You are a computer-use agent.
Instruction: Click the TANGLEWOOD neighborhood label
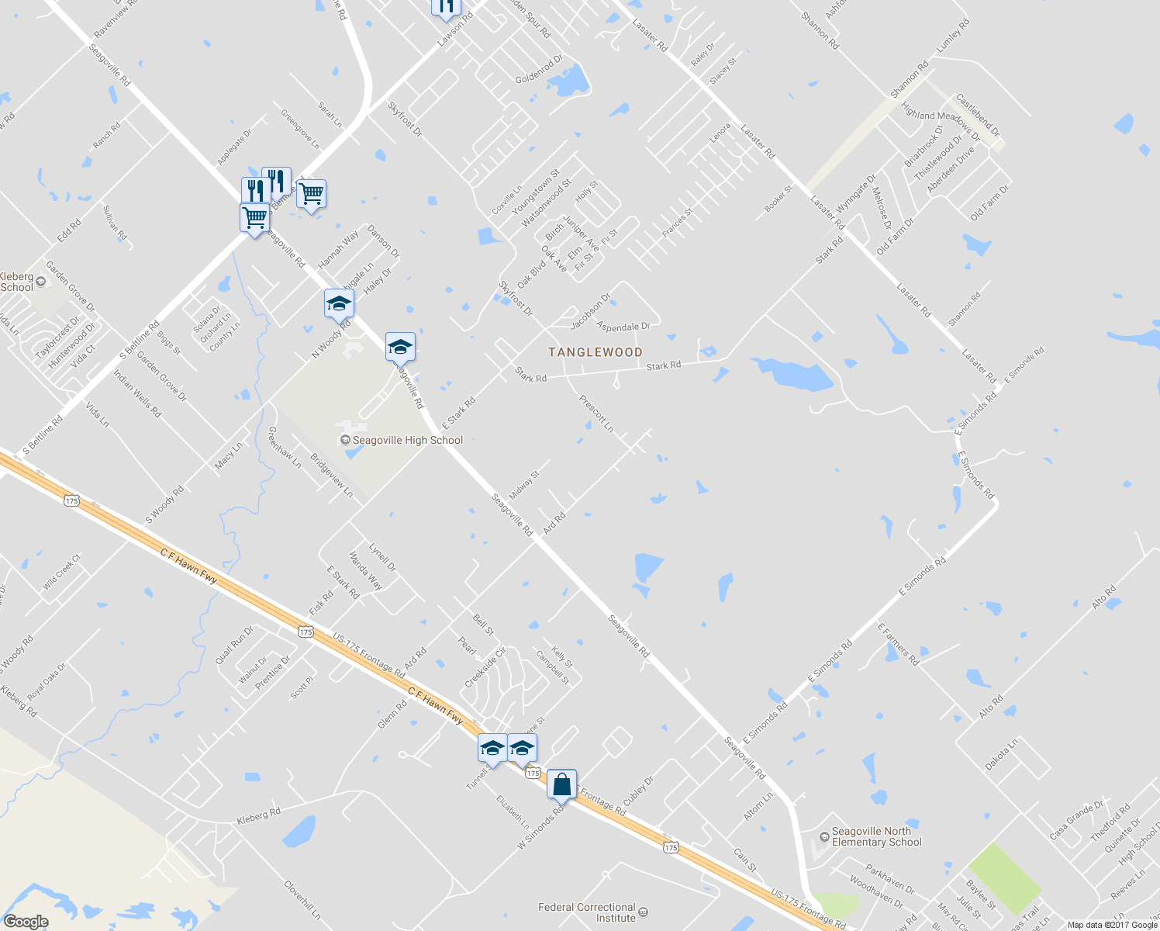[x=596, y=352]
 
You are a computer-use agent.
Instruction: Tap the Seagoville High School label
[x=407, y=440]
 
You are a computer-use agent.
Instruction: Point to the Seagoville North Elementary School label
[x=876, y=836]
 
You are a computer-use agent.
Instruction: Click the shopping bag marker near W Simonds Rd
[x=561, y=785]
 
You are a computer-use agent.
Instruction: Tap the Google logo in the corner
[x=26, y=922]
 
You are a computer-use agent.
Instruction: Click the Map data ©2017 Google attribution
[x=1112, y=925]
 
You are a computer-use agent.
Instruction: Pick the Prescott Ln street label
[x=596, y=414]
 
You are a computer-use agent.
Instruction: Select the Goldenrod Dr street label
[x=539, y=70]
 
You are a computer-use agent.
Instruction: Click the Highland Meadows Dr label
[x=940, y=125]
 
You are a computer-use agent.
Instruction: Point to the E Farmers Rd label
[x=898, y=644]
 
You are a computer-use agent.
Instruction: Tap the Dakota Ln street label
[x=1001, y=755]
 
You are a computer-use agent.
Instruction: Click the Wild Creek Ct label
[x=61, y=572]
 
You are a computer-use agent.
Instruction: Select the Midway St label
[x=523, y=486]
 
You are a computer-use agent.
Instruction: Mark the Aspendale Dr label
[x=623, y=327]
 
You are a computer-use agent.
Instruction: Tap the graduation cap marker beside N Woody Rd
[x=339, y=303]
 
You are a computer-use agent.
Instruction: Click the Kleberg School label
[x=17, y=282]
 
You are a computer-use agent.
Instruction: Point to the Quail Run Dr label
[x=233, y=645]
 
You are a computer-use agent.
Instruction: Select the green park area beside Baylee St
[x=1005, y=877]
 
